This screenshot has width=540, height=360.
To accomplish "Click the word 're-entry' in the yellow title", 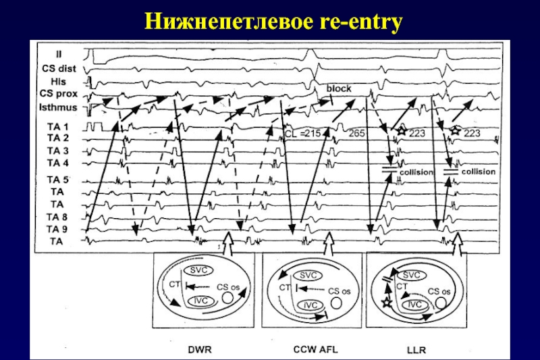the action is (x=361, y=22).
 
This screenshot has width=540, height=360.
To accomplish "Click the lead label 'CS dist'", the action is (x=59, y=68).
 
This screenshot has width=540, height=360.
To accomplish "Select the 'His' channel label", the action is (x=58, y=82).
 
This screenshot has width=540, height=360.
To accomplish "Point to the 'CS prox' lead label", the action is (x=59, y=94).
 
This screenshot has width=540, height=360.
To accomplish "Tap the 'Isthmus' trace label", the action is (x=58, y=107).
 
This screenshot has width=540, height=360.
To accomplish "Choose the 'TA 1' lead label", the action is (x=58, y=127).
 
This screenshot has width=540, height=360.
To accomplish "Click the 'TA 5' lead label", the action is (x=58, y=180).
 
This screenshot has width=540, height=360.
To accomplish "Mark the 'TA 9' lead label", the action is (x=57, y=229).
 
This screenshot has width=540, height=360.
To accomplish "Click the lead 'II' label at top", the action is (x=59, y=55).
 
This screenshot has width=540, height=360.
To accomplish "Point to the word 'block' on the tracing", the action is (x=339, y=88).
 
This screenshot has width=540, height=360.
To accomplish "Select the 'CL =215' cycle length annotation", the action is (x=302, y=133).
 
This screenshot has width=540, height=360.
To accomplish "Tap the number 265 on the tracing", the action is (x=356, y=133).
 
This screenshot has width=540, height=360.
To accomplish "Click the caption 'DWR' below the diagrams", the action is (x=200, y=350).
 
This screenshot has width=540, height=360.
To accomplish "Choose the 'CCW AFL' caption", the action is (x=315, y=349).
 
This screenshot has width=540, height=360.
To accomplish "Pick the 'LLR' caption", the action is (x=416, y=350).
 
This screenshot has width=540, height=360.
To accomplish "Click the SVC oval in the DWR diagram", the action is (x=198, y=270).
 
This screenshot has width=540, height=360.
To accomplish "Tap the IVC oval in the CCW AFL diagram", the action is (x=310, y=305).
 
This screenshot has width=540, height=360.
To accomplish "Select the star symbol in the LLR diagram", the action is (x=387, y=303).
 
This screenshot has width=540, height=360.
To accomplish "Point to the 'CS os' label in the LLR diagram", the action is (x=439, y=292).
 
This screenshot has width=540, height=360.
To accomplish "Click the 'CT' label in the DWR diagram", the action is (x=175, y=284).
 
